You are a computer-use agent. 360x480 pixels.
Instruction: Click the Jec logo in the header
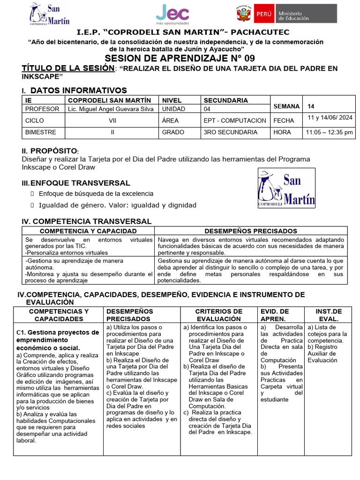(173, 14)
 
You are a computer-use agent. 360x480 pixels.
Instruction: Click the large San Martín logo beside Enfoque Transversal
(286, 188)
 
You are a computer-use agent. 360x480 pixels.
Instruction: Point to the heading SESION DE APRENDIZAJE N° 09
(180, 58)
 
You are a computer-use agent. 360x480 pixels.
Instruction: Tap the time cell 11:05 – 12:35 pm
(329, 132)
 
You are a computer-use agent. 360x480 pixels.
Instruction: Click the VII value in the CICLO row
(112, 120)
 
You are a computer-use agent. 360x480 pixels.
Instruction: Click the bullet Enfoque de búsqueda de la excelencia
(96, 194)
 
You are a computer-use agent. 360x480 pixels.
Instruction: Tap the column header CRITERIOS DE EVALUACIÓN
(219, 315)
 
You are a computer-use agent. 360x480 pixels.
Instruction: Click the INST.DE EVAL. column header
(329, 315)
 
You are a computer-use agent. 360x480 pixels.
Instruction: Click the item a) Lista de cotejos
(327, 330)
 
